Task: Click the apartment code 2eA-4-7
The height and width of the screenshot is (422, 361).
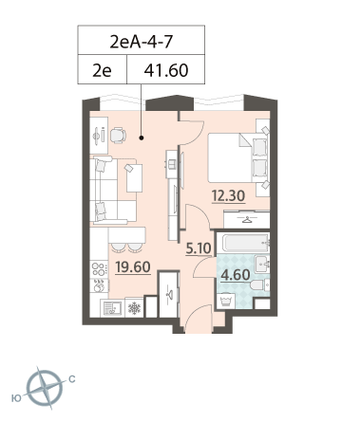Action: click(142, 42)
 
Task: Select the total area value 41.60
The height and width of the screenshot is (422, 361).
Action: click(166, 70)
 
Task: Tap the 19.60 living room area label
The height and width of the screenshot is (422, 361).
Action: click(133, 267)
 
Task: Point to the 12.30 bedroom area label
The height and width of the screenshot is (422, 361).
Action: click(228, 195)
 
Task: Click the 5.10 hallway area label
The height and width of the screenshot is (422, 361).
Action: click(199, 248)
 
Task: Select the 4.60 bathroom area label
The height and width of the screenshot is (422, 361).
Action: click(236, 275)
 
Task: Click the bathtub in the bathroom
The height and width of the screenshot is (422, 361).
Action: click(246, 243)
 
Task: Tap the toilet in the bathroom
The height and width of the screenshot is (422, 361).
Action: click(259, 285)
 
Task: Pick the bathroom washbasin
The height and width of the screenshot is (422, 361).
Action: click(262, 264)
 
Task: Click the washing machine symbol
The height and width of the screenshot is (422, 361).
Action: click(226, 302)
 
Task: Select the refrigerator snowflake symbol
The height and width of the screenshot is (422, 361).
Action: click(134, 308)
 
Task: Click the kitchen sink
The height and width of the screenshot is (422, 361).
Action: click(112, 307)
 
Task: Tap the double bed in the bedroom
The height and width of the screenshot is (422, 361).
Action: click(237, 157)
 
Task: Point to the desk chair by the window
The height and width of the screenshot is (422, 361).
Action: click(118, 136)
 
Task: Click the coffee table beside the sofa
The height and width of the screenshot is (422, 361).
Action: click(134, 178)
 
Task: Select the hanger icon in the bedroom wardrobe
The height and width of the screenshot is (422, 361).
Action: click(247, 220)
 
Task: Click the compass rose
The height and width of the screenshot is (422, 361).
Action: click(45, 388)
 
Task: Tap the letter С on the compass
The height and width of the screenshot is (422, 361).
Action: click(72, 379)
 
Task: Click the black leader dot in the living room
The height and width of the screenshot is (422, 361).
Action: click(142, 138)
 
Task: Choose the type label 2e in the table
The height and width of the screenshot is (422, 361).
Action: click(102, 70)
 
